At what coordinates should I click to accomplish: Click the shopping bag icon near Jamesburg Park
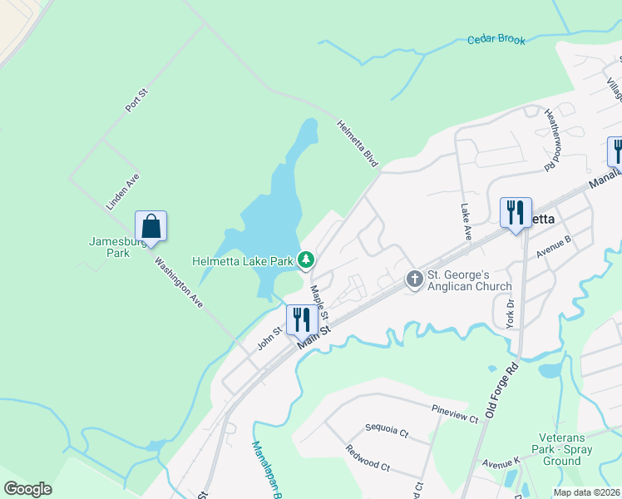[151, 225]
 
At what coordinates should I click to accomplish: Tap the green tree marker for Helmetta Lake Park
[306, 261]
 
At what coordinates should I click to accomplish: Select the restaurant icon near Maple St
[301, 319]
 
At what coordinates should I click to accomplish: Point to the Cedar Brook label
[496, 39]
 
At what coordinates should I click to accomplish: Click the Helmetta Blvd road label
[358, 143]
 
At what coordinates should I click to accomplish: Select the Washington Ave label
[180, 284]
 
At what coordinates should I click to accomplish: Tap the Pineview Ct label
[455, 413]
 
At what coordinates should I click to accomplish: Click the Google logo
[27, 489]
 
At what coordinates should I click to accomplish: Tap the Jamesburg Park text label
[110, 247]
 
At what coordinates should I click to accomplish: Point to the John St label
[265, 339]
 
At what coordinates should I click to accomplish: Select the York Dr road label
[510, 313]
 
